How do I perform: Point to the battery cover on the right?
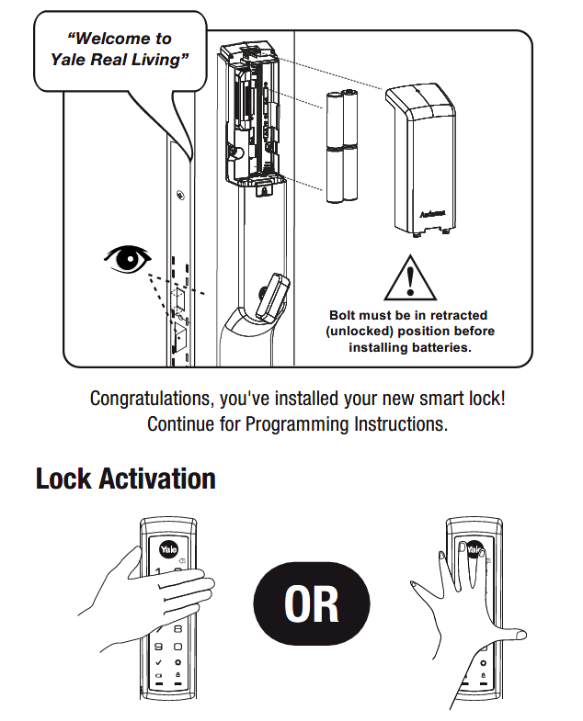tap(422, 157)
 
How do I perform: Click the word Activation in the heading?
tap(157, 479)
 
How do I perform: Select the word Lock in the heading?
tap(64, 479)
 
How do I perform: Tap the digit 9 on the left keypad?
tap(158, 645)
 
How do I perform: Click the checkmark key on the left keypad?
tap(158, 662)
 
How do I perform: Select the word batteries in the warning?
tap(437, 348)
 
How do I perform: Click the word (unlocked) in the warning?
tap(359, 332)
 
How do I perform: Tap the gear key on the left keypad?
tap(179, 662)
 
